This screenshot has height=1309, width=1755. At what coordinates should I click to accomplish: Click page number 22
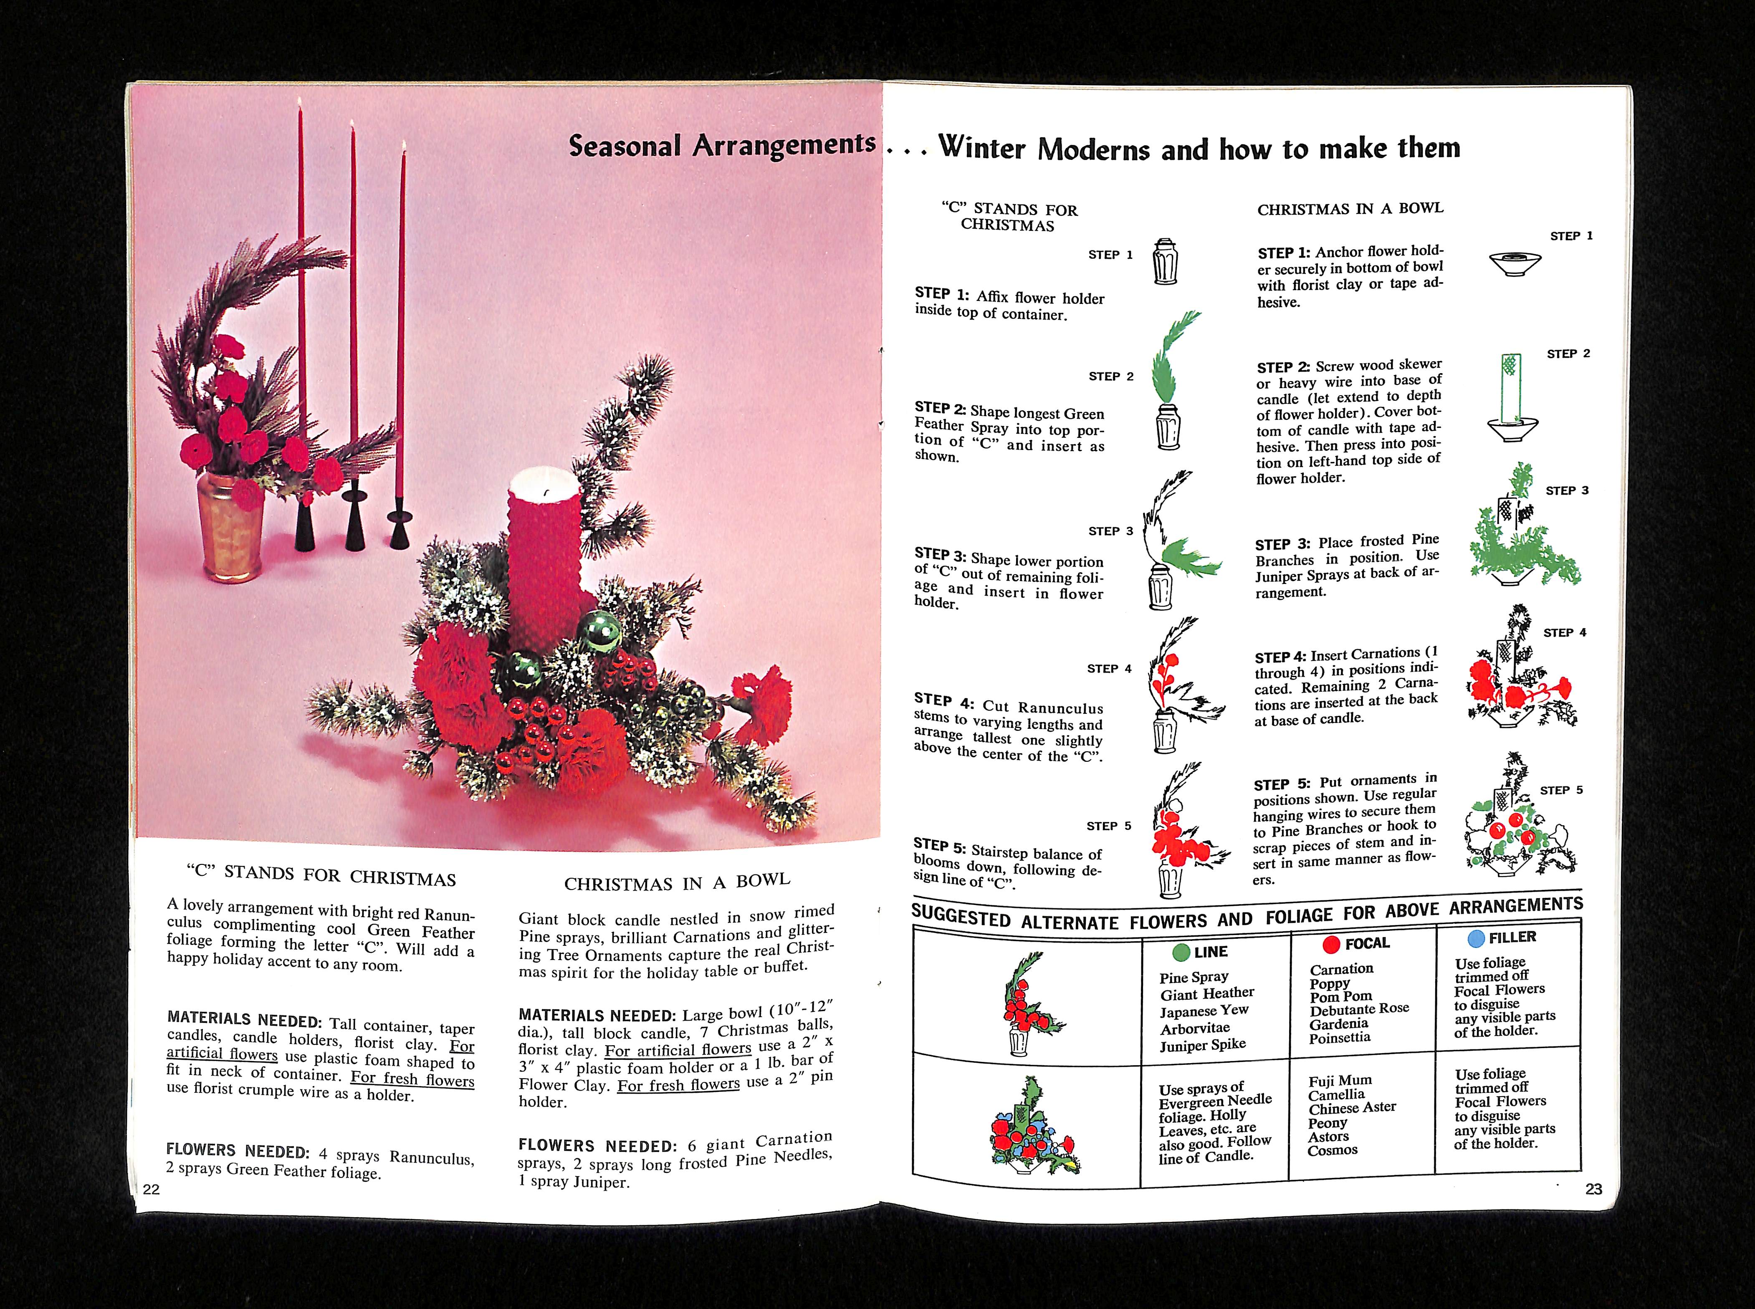(x=152, y=1188)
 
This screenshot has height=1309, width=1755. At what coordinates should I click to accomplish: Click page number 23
(x=1593, y=1188)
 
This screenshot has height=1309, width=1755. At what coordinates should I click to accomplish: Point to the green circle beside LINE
(x=1181, y=953)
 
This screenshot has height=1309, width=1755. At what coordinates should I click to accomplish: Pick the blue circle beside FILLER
(x=1475, y=939)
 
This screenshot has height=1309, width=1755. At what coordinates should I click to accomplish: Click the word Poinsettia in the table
(x=1339, y=1037)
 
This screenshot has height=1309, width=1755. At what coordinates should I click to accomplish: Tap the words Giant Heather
(x=1207, y=993)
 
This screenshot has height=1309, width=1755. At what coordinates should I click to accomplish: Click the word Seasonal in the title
(x=625, y=146)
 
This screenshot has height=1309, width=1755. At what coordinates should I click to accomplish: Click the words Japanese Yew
(x=1204, y=1011)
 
